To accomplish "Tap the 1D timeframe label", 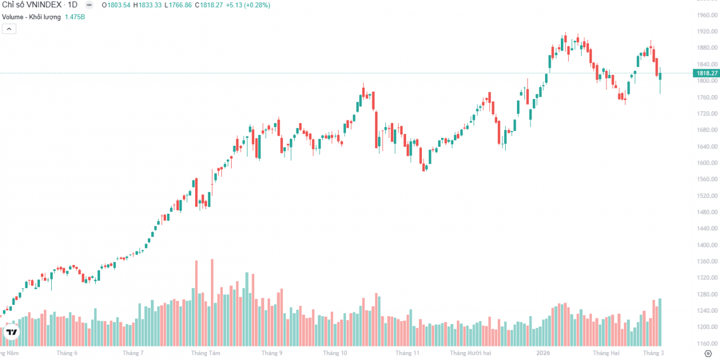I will pos(73,5).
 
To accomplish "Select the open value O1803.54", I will pos(116,5).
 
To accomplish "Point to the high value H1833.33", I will pos(147,5).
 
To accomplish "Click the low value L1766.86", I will pos(177,5).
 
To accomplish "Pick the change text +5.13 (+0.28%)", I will pos(249,5).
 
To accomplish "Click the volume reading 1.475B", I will pos(75,17).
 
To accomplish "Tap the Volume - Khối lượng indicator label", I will pos(31,17).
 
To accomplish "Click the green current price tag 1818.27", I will pos(707,73).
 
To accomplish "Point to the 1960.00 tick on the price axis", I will pos(707,15).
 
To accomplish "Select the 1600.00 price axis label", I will pos(707,163).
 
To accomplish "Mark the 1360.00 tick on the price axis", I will pos(707,262).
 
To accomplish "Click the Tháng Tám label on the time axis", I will pos(205,353).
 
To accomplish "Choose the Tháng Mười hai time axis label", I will pos(470,353).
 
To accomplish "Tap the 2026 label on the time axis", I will pos(543,353).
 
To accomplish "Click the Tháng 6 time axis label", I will pos(67,353).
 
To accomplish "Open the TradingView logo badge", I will pos(11,332).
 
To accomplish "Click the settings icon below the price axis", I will pos(708,353).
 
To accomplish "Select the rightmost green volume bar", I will pos(660,322).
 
